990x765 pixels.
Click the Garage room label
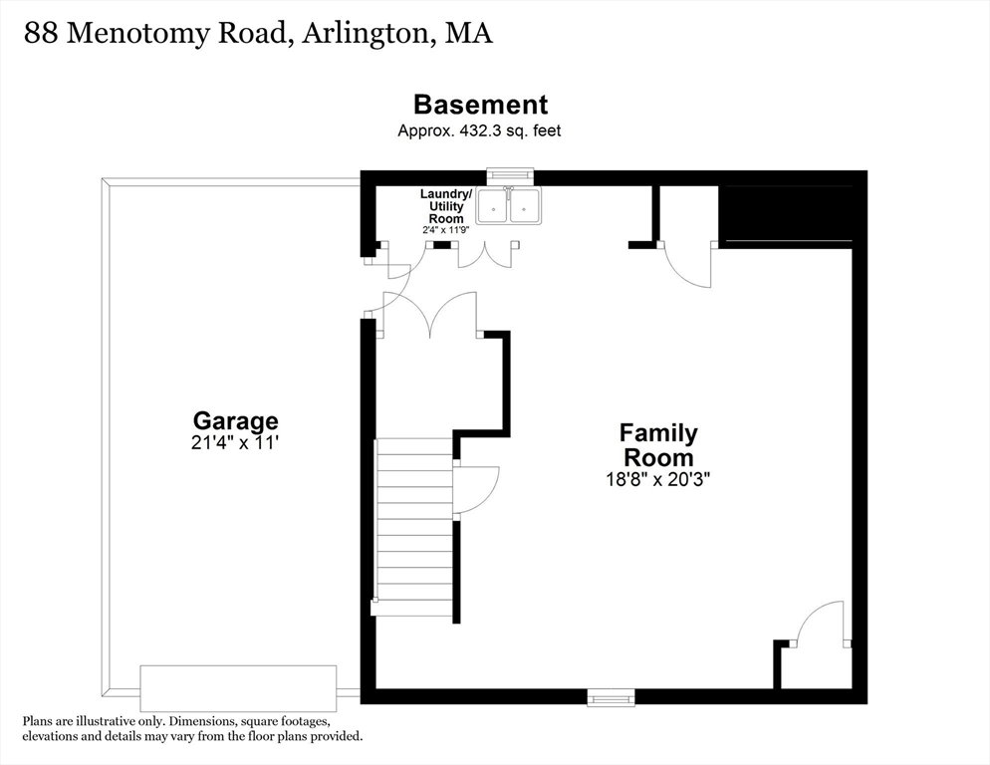[235, 420]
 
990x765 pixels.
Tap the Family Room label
[658, 444]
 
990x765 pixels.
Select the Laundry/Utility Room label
[446, 206]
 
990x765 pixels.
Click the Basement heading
[480, 105]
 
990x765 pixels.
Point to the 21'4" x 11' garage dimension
[235, 443]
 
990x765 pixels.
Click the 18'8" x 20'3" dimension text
[658, 479]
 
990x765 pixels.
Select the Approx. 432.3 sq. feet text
[479, 130]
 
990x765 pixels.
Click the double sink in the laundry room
[508, 205]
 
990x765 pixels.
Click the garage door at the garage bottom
[238, 688]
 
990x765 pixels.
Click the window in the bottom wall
[610, 698]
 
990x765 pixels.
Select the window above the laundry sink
[510, 175]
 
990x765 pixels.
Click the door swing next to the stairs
[477, 489]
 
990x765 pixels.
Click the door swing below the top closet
[687, 265]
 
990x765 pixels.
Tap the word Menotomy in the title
[137, 35]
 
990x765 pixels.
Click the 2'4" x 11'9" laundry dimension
[446, 230]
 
